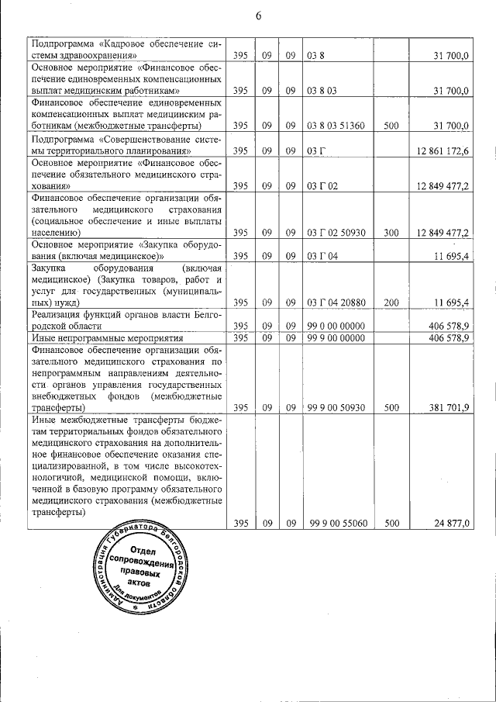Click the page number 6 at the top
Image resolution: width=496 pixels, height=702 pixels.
[x=258, y=16]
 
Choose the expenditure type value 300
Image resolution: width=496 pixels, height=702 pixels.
[x=391, y=232]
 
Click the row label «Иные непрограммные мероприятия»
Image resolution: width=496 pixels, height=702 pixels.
[x=107, y=338]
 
